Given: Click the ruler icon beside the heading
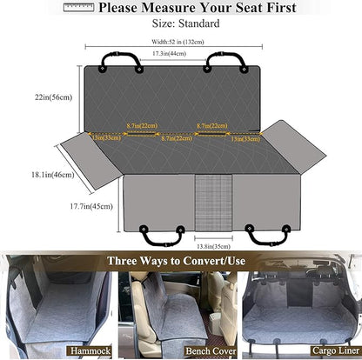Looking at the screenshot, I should pos(77,8).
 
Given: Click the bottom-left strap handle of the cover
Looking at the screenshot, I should pos(163,236).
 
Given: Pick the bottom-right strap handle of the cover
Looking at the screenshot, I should pos(266,236).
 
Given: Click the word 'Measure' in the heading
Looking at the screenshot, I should pos(168,8).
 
